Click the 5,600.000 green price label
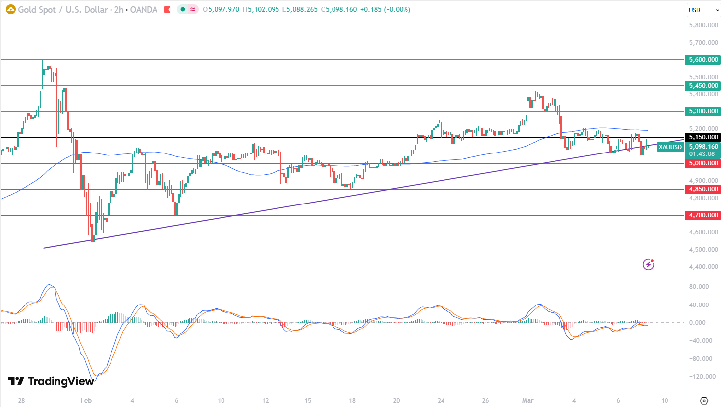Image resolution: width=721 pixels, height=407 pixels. tap(703, 60)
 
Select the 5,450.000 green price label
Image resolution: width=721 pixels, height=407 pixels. tap(703, 86)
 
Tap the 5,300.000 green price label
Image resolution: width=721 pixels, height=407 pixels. tap(703, 111)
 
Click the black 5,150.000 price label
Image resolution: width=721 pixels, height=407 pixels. tap(703, 137)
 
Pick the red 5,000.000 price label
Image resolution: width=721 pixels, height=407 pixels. tap(703, 163)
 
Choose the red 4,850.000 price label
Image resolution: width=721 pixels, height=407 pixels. tap(703, 189)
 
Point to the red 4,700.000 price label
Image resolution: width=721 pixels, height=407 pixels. tap(703, 215)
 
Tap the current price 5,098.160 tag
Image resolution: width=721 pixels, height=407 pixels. tap(703, 147)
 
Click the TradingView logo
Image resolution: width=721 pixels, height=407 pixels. tap(51, 381)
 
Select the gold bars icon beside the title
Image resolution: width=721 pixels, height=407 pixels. tap(9, 9)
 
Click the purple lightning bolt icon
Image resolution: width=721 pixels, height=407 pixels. tap(648, 265)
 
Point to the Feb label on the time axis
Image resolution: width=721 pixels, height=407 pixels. tap(86, 400)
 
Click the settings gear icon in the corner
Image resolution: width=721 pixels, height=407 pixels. tap(704, 400)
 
